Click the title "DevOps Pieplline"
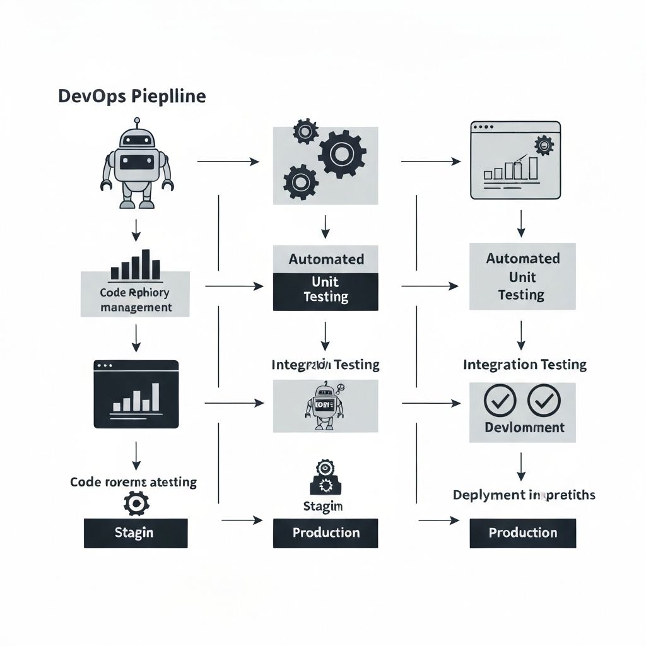tap(131, 97)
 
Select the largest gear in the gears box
tap(342, 153)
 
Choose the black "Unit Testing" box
tap(326, 292)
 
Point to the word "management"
tap(136, 308)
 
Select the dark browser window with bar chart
tap(136, 394)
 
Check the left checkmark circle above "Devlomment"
tap(499, 401)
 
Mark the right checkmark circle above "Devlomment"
tap(544, 401)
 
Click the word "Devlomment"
tap(524, 427)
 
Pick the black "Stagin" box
tap(136, 533)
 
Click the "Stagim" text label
tap(322, 506)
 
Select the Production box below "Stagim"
tap(326, 533)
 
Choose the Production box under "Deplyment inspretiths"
tap(523, 533)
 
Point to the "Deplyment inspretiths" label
tap(524, 495)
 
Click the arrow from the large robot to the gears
tap(228, 162)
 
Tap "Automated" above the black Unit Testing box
tap(326, 259)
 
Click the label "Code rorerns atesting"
tap(133, 483)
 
